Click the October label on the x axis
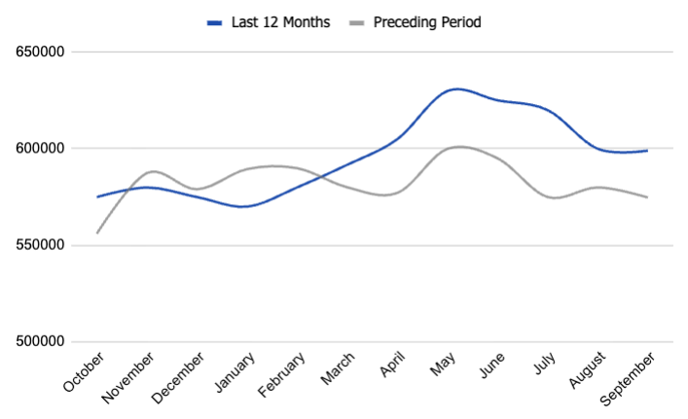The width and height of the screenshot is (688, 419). point(85,373)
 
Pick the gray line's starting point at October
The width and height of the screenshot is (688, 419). point(97,232)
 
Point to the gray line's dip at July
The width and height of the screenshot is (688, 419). point(556,197)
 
